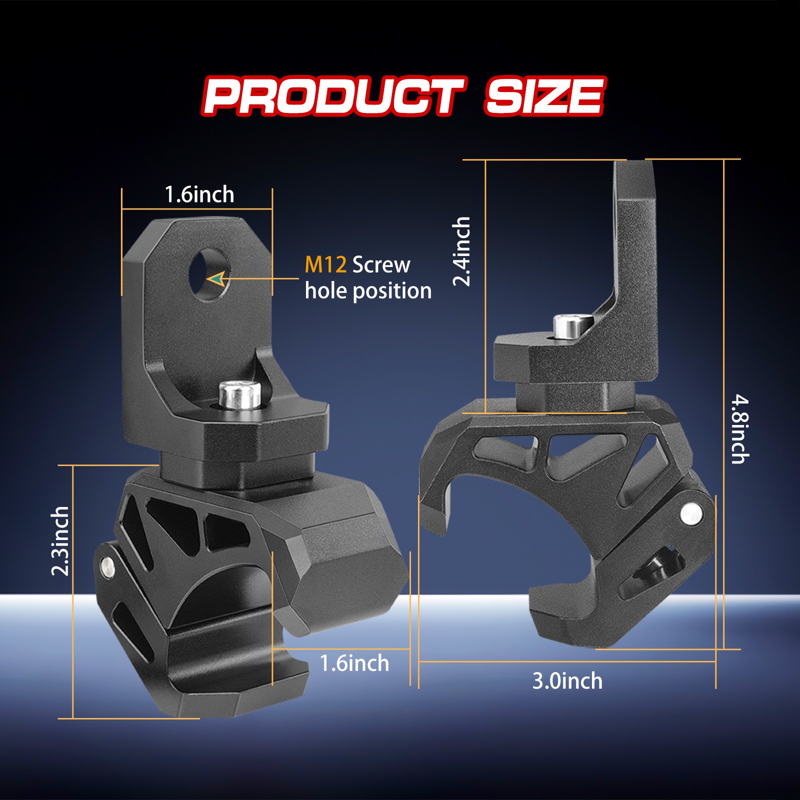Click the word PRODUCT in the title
334,96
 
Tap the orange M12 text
325,264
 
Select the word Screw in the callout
381,264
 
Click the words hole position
368,290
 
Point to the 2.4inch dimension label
461,251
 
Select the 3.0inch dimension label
567,681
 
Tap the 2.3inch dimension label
60,541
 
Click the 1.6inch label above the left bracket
199,194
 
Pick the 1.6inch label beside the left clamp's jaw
354,663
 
